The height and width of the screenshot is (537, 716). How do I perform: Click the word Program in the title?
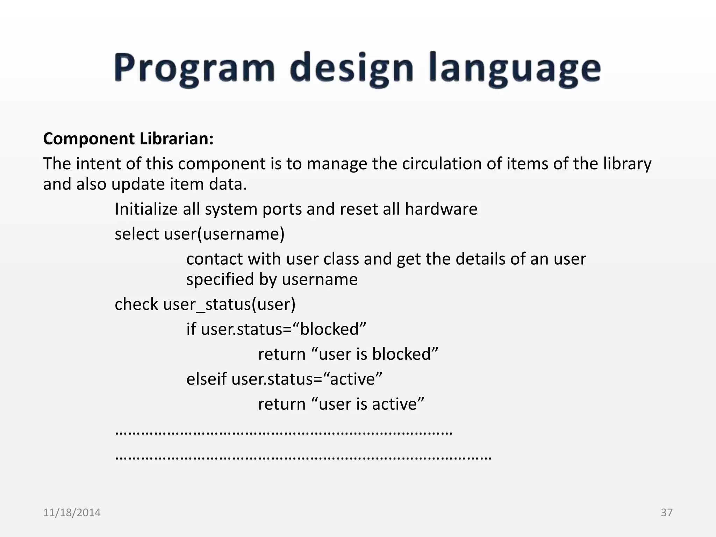pos(194,68)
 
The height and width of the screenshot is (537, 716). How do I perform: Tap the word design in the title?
pos(351,68)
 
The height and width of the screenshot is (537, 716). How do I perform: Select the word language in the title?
pos(514,68)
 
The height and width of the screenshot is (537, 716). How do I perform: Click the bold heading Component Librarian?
pos(128,139)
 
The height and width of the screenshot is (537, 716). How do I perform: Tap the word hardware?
pos(441,209)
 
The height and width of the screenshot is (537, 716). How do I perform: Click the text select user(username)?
pos(200,234)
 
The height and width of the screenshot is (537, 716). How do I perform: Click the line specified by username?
pos(272,279)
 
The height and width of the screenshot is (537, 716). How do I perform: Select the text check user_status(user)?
pos(205,304)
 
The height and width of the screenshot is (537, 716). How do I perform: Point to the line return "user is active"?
pos(341,404)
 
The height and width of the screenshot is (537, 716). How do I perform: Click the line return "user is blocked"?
pos(348,354)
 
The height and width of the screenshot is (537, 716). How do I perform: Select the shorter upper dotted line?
pos(284,433)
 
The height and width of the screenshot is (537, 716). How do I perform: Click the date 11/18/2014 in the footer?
pos(72,513)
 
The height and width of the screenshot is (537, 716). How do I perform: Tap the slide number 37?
pos(666,513)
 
